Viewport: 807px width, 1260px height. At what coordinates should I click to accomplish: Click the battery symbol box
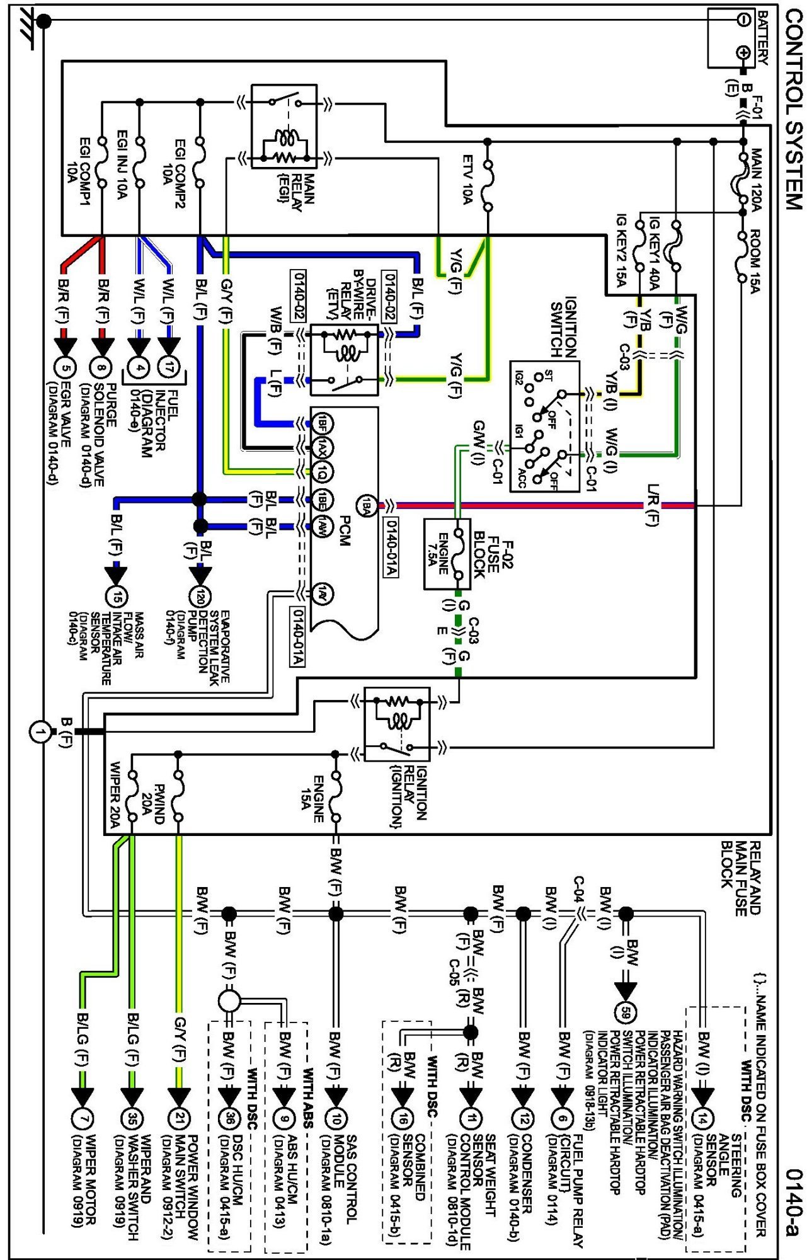(x=731, y=37)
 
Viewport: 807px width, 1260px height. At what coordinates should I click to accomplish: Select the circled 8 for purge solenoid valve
(x=101, y=368)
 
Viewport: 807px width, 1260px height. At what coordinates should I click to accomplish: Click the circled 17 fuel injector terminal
(x=169, y=367)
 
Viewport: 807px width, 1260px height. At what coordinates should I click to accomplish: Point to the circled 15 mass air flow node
(x=116, y=596)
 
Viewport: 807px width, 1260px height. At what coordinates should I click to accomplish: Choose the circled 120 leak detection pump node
(x=200, y=596)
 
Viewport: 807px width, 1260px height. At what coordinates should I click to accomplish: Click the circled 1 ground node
(x=40, y=732)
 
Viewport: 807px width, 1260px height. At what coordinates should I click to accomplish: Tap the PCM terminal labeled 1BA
(x=367, y=505)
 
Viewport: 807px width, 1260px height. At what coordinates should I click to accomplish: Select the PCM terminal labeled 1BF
(x=323, y=423)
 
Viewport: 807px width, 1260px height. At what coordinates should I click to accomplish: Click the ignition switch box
(x=544, y=427)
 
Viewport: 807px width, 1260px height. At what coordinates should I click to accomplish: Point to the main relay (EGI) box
(x=284, y=127)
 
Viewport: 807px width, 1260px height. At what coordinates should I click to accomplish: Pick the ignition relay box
(x=397, y=724)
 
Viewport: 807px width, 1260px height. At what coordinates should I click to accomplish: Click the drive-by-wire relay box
(x=345, y=360)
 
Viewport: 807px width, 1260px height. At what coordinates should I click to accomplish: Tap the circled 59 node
(x=625, y=1012)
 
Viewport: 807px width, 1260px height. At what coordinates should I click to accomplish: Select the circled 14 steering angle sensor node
(x=702, y=1118)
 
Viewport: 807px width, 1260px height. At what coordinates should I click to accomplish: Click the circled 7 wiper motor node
(x=82, y=1118)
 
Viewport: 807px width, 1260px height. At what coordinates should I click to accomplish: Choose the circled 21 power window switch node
(x=179, y=1118)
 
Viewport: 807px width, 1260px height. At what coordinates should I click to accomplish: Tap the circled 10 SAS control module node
(x=336, y=1118)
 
